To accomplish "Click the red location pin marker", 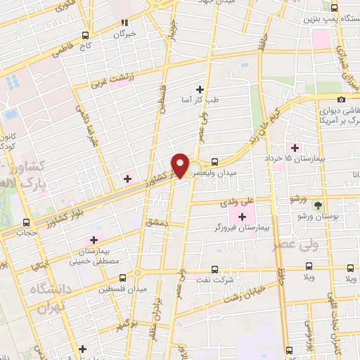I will coord(181,165).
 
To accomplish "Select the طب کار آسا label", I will coord(202,100).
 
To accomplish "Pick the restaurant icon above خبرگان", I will coord(125,22).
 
